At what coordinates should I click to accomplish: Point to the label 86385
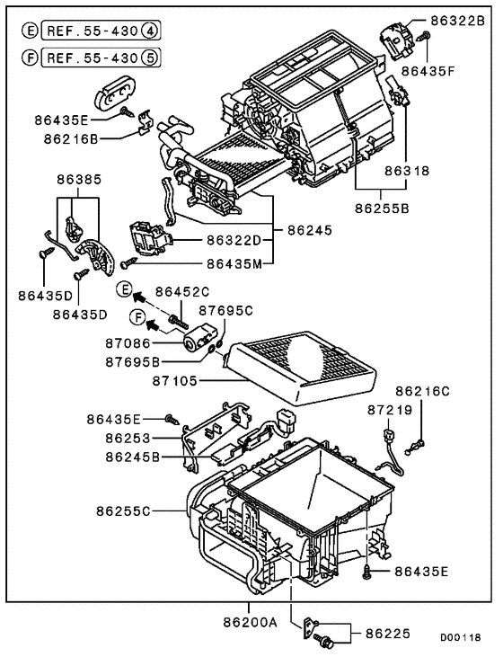pyautogui.click(x=76, y=179)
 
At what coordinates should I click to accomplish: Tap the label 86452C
pyautogui.click(x=182, y=290)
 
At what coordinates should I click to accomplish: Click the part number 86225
pyautogui.click(x=386, y=634)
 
